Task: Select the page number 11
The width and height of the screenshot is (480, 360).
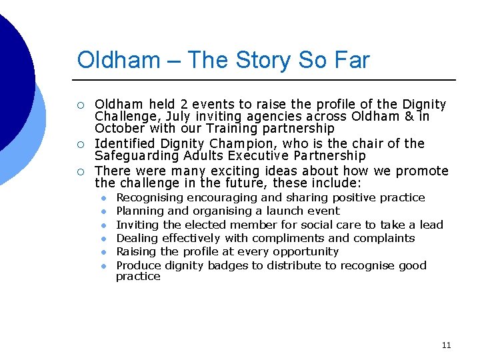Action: (x=446, y=345)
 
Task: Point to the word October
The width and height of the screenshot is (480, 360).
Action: (x=117, y=129)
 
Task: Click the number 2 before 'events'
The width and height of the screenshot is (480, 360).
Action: (x=185, y=104)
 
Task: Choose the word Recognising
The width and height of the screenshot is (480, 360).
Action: (x=149, y=198)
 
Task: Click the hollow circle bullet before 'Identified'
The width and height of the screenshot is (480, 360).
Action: (x=81, y=144)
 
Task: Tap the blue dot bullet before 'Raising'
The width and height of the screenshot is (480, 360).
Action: (x=104, y=252)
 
